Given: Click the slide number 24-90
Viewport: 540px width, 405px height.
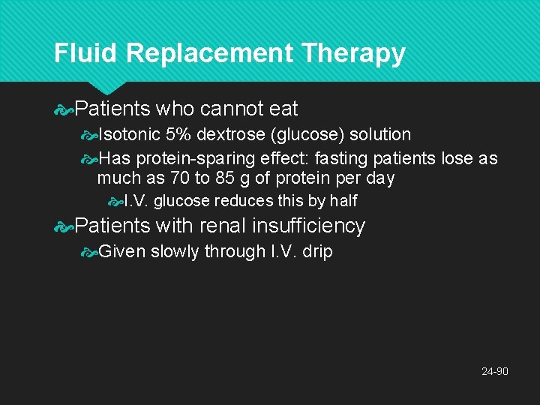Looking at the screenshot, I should click(x=494, y=371).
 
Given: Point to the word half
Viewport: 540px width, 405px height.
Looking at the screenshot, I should click(x=343, y=201).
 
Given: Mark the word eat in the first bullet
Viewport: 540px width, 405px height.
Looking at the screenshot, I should click(x=283, y=109).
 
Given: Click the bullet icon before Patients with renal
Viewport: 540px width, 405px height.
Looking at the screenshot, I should click(x=64, y=226).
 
